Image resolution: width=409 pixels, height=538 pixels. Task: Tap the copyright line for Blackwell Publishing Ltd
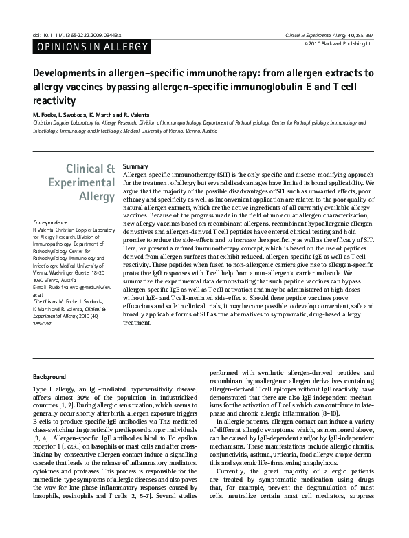tap(340, 43)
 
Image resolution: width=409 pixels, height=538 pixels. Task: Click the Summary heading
tap(135, 167)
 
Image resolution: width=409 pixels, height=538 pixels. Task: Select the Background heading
tap(49, 377)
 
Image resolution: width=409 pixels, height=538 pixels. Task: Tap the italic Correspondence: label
tap(51, 223)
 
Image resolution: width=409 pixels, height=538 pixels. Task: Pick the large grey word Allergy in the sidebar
tap(96, 197)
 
